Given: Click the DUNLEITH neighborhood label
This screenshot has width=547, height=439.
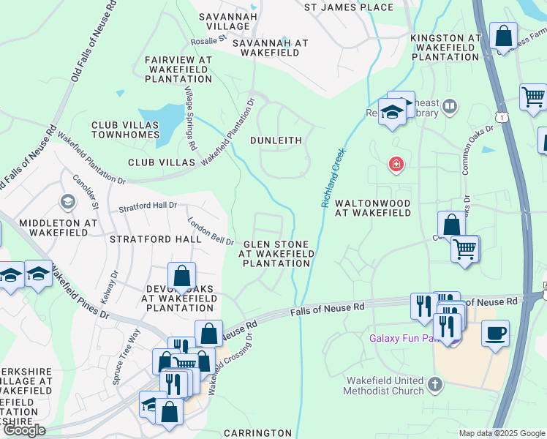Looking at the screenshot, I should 276,139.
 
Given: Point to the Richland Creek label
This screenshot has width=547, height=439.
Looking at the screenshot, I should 333,178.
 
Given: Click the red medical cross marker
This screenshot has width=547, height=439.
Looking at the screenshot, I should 396,164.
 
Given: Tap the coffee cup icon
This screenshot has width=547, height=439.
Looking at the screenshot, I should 495,333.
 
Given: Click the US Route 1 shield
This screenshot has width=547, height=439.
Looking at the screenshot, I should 501,117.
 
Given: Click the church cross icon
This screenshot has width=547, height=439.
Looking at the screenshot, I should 435,384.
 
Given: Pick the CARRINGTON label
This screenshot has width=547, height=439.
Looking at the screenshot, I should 257,433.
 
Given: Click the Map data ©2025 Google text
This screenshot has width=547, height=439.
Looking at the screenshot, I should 501,433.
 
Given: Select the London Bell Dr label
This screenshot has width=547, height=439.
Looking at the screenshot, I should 210,231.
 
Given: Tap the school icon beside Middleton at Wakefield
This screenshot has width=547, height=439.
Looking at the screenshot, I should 68,201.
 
